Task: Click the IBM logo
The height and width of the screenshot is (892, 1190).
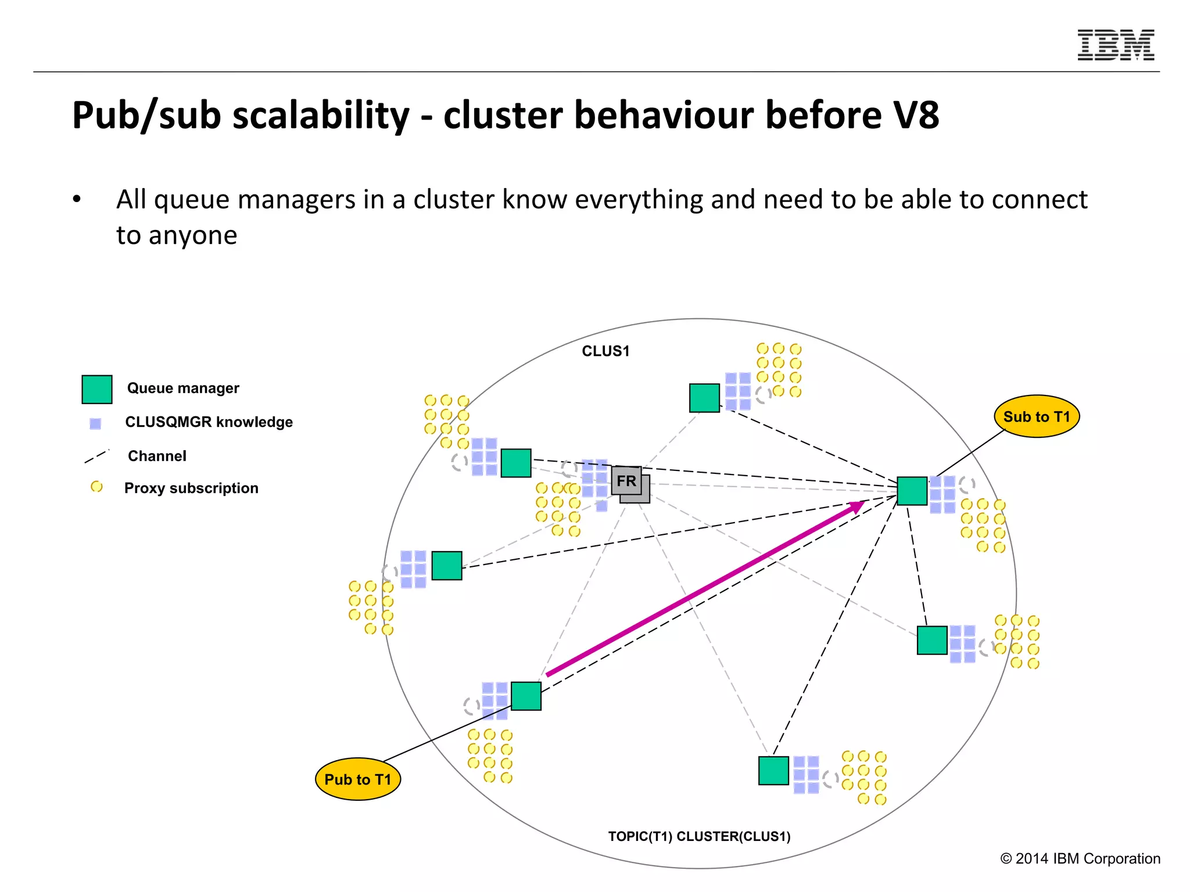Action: [x=1116, y=45]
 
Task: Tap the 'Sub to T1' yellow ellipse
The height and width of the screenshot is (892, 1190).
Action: [x=1037, y=416]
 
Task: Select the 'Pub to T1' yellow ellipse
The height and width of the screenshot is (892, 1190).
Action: [x=358, y=779]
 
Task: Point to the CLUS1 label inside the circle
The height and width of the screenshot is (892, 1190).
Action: [x=605, y=351]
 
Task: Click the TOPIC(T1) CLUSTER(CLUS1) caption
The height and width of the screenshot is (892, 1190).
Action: [x=699, y=836]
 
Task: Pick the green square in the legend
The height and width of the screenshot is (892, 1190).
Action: [x=97, y=389]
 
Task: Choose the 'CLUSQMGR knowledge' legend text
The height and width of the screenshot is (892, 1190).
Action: [x=209, y=422]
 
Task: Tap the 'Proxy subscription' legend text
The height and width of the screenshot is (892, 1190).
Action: [x=191, y=488]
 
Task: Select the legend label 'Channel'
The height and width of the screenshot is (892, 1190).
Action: [x=157, y=456]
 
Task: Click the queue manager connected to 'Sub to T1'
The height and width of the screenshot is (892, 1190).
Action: [x=912, y=491]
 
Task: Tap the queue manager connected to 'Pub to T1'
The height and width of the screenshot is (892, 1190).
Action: [x=526, y=696]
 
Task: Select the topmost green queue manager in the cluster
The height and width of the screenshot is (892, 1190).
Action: [x=704, y=398]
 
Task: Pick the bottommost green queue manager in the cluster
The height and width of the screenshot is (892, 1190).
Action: [x=773, y=771]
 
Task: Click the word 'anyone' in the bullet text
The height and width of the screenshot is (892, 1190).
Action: [x=193, y=235]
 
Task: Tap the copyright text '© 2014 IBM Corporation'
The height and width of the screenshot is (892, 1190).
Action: [x=1080, y=858]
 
